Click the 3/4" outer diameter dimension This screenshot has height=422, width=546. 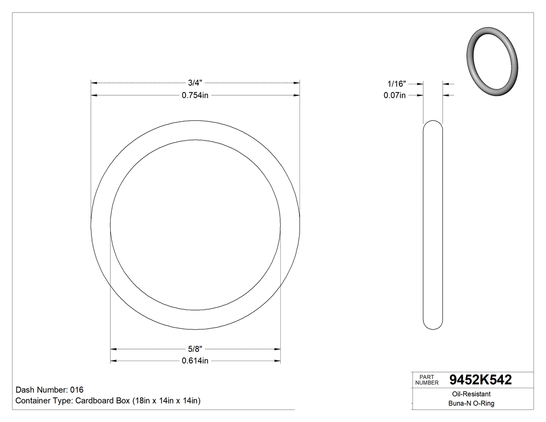195,83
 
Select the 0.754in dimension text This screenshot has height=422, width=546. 195,95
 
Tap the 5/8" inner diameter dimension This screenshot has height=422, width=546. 195,349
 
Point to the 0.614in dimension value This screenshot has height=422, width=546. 195,361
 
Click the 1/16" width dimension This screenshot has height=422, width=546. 397,83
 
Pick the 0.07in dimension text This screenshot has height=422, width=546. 395,95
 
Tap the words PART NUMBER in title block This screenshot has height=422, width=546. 427,380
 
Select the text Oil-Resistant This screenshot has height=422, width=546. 469,394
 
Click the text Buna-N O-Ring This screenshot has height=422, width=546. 471,403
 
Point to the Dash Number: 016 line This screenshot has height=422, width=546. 49,390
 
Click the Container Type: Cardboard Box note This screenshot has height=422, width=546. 108,401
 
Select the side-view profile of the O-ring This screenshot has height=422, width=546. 433,225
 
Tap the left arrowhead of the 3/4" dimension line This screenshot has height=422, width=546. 94,83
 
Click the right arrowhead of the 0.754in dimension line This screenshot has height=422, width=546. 296,95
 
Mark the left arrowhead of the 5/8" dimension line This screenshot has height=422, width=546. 113,349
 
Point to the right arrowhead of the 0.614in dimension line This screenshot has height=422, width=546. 278,361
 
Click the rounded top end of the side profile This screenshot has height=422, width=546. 433,125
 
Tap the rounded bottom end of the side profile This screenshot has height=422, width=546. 433,325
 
